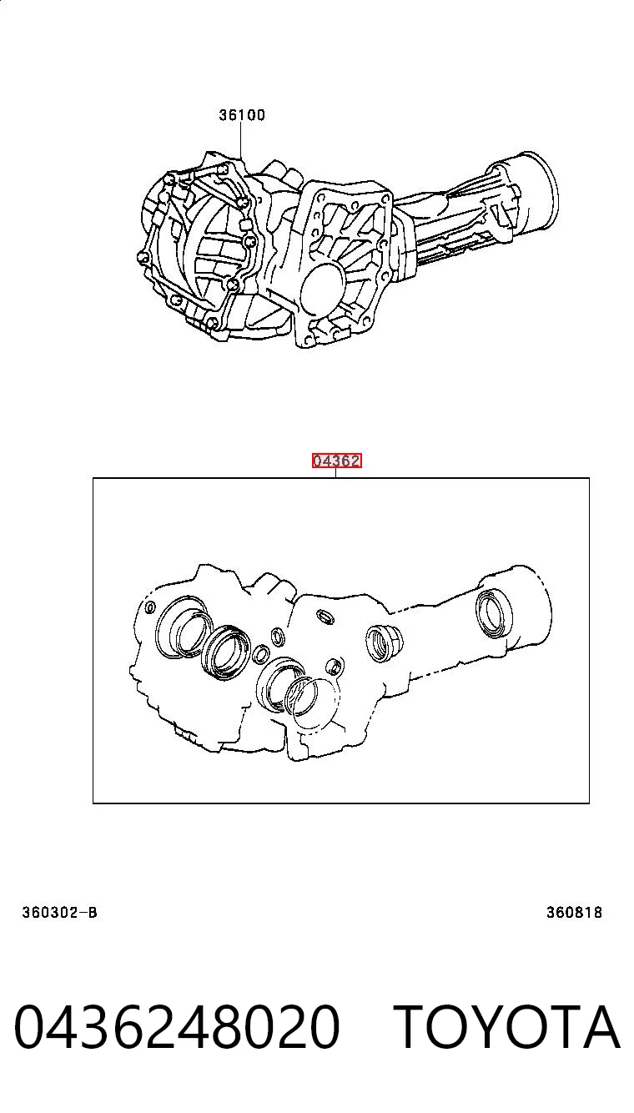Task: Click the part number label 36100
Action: click(242, 115)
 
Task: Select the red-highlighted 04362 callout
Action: click(336, 461)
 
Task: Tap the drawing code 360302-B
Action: click(59, 912)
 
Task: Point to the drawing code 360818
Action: click(575, 912)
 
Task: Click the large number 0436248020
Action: click(177, 1026)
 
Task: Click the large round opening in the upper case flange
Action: click(323, 289)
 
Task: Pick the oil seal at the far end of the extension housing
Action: click(494, 612)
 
